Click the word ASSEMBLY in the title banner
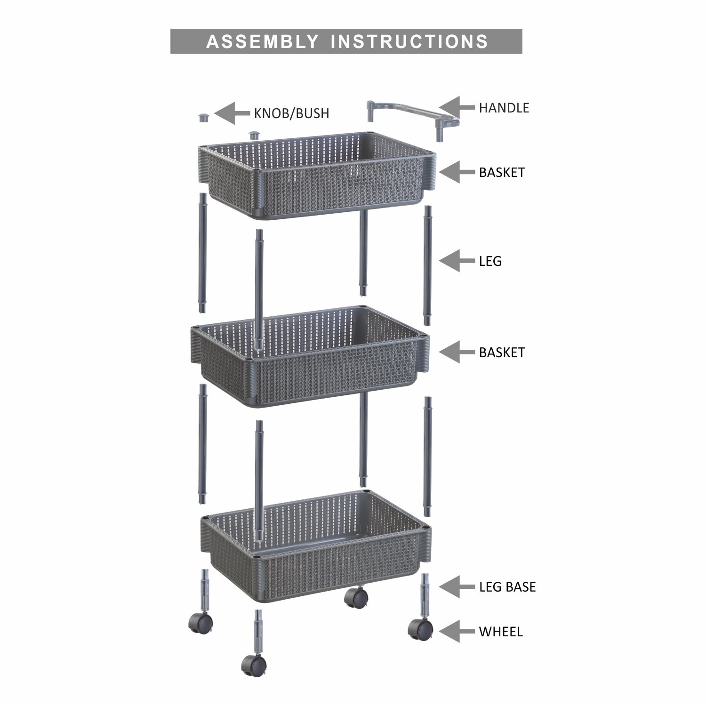coord(262,41)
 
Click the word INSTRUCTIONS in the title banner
coord(409,41)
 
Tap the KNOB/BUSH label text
coord(291,113)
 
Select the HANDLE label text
coord(504,108)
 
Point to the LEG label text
coord(490,261)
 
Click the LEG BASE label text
coord(507,587)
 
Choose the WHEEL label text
coord(500,632)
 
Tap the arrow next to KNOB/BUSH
coord(231,113)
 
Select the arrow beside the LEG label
coord(456,261)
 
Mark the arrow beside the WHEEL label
coord(456,631)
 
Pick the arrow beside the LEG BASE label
coord(456,586)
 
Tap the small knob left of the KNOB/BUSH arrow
coord(204,117)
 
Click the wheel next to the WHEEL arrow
coord(420,628)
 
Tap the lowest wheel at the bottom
coord(254,665)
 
